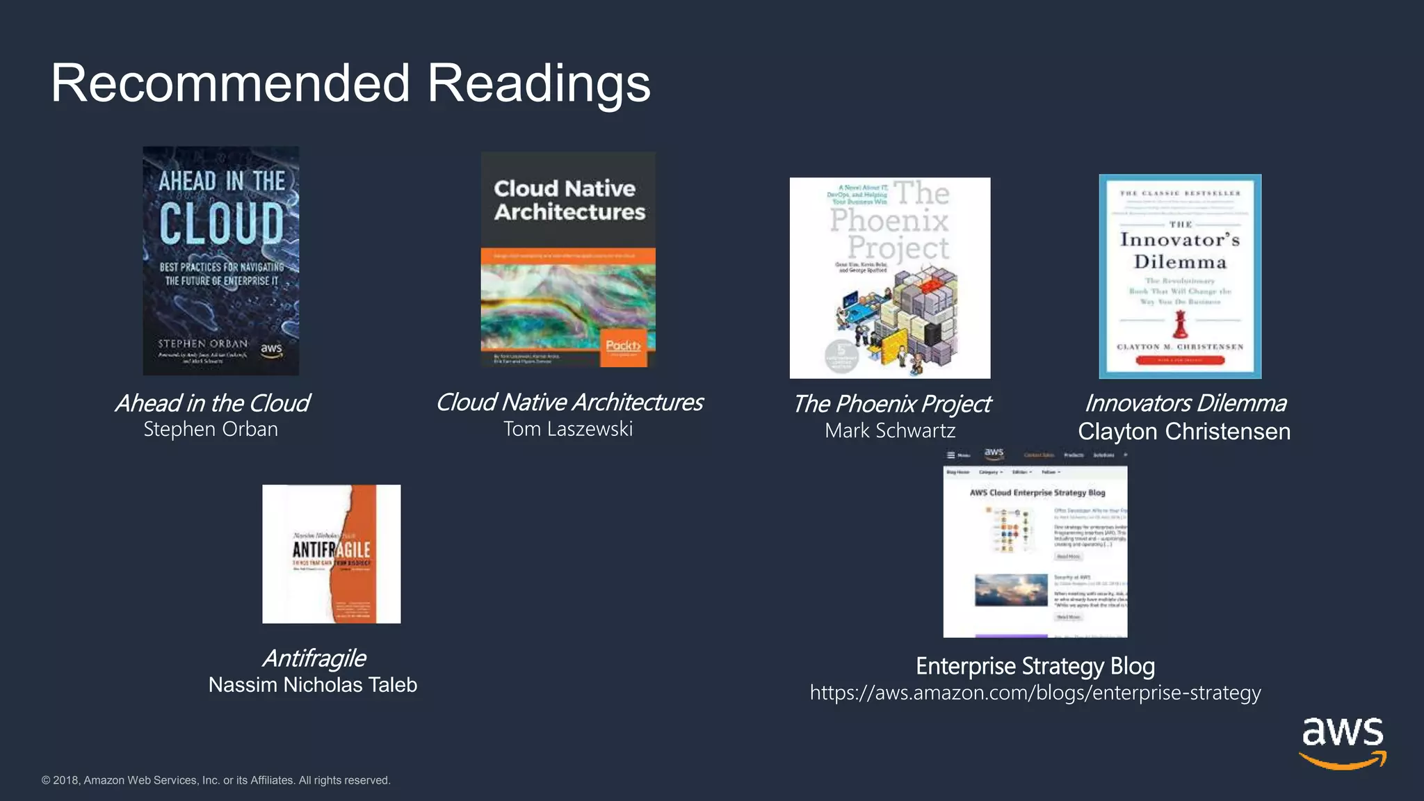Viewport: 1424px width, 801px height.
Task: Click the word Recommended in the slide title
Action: point(230,83)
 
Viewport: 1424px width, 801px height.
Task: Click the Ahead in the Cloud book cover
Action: point(221,261)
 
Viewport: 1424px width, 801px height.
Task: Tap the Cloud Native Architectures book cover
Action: point(568,259)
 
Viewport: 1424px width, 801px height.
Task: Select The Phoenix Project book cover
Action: point(890,278)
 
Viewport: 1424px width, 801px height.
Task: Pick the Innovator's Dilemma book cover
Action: point(1180,276)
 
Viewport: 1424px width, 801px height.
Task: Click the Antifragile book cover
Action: point(331,553)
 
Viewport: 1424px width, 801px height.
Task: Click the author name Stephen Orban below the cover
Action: point(211,430)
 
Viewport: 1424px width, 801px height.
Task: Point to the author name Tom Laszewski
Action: point(568,429)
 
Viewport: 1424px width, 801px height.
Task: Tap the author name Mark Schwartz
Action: point(890,431)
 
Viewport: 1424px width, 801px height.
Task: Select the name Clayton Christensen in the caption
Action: point(1184,432)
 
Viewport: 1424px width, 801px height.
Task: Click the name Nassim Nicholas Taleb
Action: point(313,685)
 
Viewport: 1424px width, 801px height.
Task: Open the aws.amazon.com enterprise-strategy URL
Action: point(1035,693)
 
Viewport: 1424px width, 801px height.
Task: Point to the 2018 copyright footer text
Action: point(216,780)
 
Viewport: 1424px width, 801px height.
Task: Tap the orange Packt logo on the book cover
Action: point(623,346)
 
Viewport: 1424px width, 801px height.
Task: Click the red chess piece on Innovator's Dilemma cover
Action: point(1180,324)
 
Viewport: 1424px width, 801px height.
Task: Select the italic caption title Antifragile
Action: point(314,658)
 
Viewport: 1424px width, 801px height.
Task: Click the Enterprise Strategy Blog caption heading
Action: point(1035,666)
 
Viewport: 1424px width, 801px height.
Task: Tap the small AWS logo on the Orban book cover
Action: point(271,350)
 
